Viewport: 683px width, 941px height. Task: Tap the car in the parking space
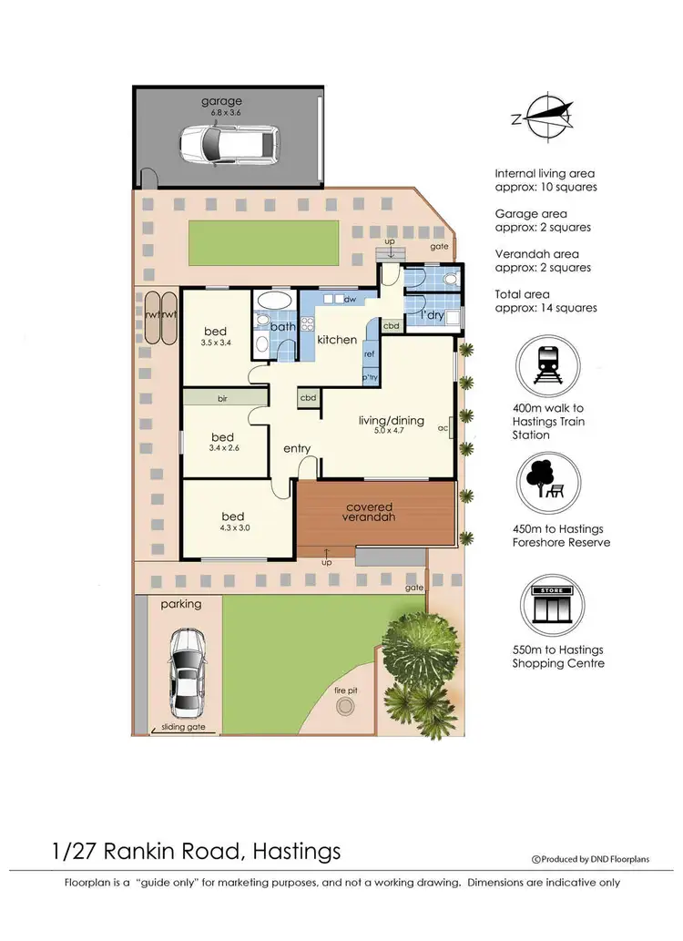[x=187, y=674]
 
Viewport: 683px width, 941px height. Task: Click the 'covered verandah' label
[x=370, y=513]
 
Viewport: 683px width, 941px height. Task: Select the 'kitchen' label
[x=336, y=340]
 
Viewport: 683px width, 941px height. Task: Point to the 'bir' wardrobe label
[x=222, y=399]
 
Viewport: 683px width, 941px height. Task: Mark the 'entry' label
[x=297, y=448]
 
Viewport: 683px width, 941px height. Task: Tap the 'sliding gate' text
[x=180, y=727]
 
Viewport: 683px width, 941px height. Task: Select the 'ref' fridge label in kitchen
[x=370, y=355]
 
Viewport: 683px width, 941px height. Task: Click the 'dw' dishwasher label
[x=350, y=299]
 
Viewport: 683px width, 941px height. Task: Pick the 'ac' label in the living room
[x=442, y=426]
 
